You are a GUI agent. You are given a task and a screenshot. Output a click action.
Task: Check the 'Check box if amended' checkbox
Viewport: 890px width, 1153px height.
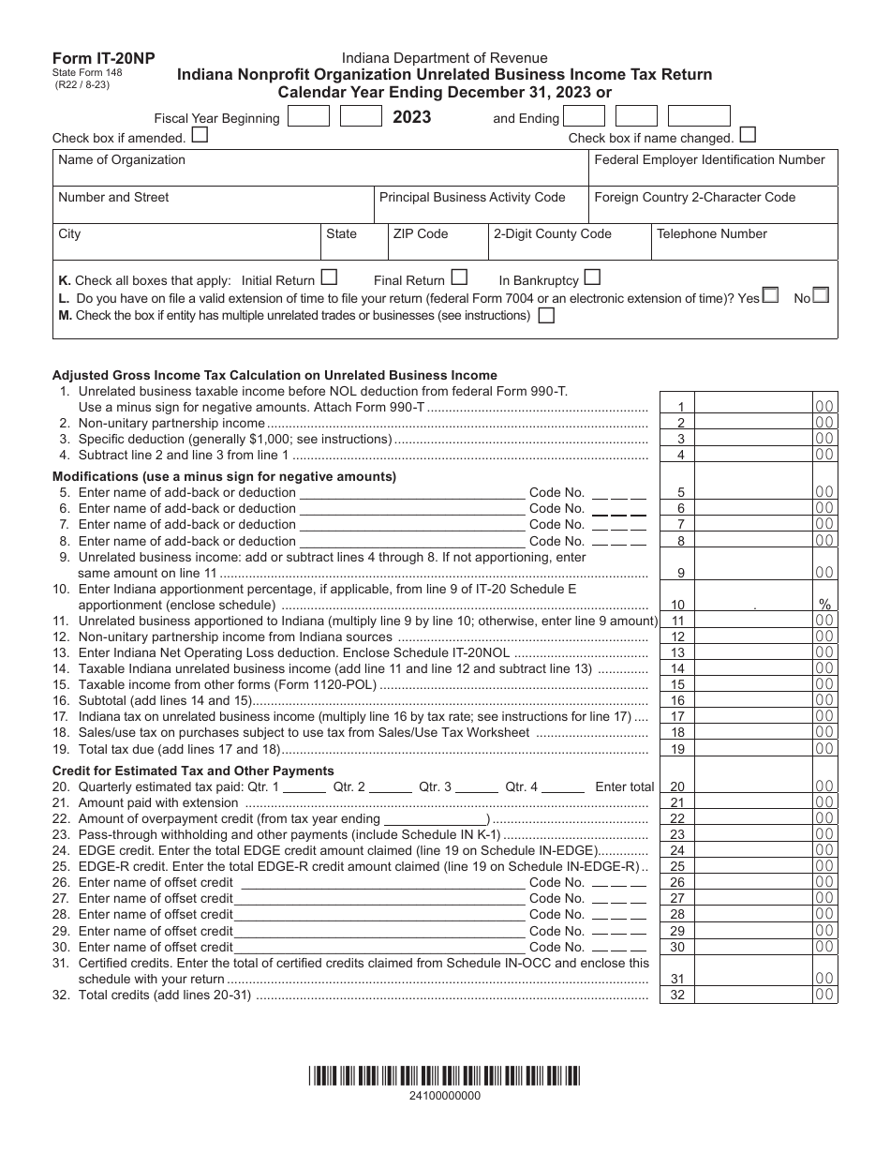pos(200,135)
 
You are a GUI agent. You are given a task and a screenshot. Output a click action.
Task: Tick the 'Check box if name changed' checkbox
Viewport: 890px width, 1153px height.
pos(749,135)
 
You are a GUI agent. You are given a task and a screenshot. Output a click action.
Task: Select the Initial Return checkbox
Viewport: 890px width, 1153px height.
pos(329,277)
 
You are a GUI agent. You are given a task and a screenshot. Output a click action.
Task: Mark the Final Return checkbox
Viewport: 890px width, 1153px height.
pos(459,277)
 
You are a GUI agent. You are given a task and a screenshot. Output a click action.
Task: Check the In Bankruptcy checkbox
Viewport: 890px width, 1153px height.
pos(592,277)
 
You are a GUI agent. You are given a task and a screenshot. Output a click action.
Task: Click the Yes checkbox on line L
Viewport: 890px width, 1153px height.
pos(770,295)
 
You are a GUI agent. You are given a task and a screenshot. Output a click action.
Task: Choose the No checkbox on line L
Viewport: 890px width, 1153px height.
pos(821,295)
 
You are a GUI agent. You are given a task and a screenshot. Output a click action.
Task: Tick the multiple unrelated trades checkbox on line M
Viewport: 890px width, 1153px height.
pos(546,316)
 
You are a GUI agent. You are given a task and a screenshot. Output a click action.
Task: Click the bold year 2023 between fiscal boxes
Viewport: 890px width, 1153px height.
pos(411,117)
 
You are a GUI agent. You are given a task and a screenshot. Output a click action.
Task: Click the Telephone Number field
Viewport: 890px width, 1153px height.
pos(744,242)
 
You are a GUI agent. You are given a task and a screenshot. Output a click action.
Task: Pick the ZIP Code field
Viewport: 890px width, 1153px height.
pos(438,242)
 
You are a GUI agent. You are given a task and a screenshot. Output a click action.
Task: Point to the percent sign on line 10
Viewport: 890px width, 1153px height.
pos(824,606)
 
